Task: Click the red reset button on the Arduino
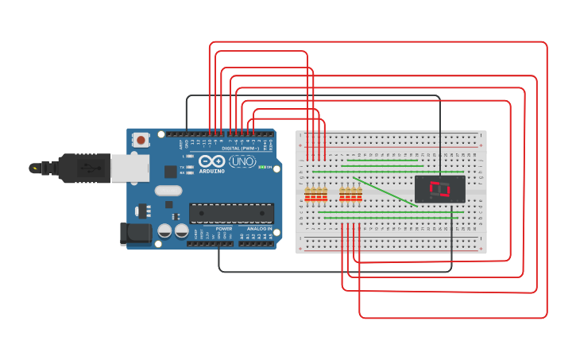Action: point(141,140)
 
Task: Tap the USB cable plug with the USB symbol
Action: point(88,168)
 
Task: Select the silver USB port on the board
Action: point(129,168)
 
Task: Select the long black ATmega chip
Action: point(231,212)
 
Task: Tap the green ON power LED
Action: point(262,168)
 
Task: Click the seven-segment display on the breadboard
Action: point(439,189)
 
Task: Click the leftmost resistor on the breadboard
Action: point(308,194)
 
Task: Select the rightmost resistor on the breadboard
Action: point(358,194)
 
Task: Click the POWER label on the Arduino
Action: point(223,229)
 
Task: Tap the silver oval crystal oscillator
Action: point(168,191)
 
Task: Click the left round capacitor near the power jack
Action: point(164,231)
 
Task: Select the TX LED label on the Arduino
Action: point(182,167)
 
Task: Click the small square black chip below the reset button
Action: point(170,171)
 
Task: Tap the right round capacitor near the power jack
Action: point(182,231)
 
